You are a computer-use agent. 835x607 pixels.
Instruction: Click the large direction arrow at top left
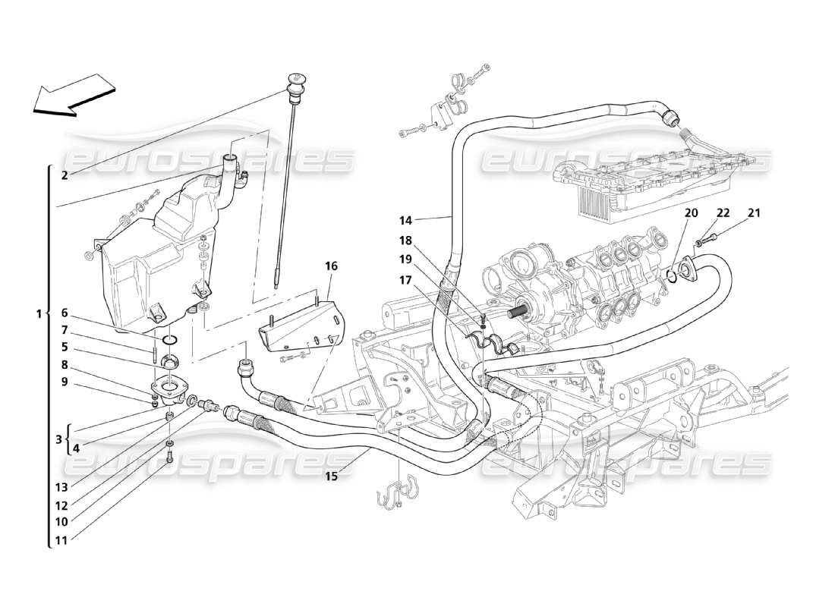(x=74, y=95)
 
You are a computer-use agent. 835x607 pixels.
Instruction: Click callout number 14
(x=406, y=221)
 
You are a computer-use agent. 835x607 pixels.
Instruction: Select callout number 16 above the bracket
(x=331, y=266)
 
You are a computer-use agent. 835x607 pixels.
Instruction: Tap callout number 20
(x=691, y=213)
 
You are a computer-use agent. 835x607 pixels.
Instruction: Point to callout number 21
(x=754, y=213)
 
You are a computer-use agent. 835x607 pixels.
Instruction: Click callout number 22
(x=723, y=213)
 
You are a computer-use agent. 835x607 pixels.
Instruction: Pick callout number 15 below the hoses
(x=331, y=476)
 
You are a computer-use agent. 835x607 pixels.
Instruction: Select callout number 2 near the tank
(x=65, y=175)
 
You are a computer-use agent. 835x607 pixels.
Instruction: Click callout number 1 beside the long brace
(x=38, y=313)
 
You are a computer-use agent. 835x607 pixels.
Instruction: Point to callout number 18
(x=406, y=241)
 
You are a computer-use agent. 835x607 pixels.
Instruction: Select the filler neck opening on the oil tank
(x=231, y=159)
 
